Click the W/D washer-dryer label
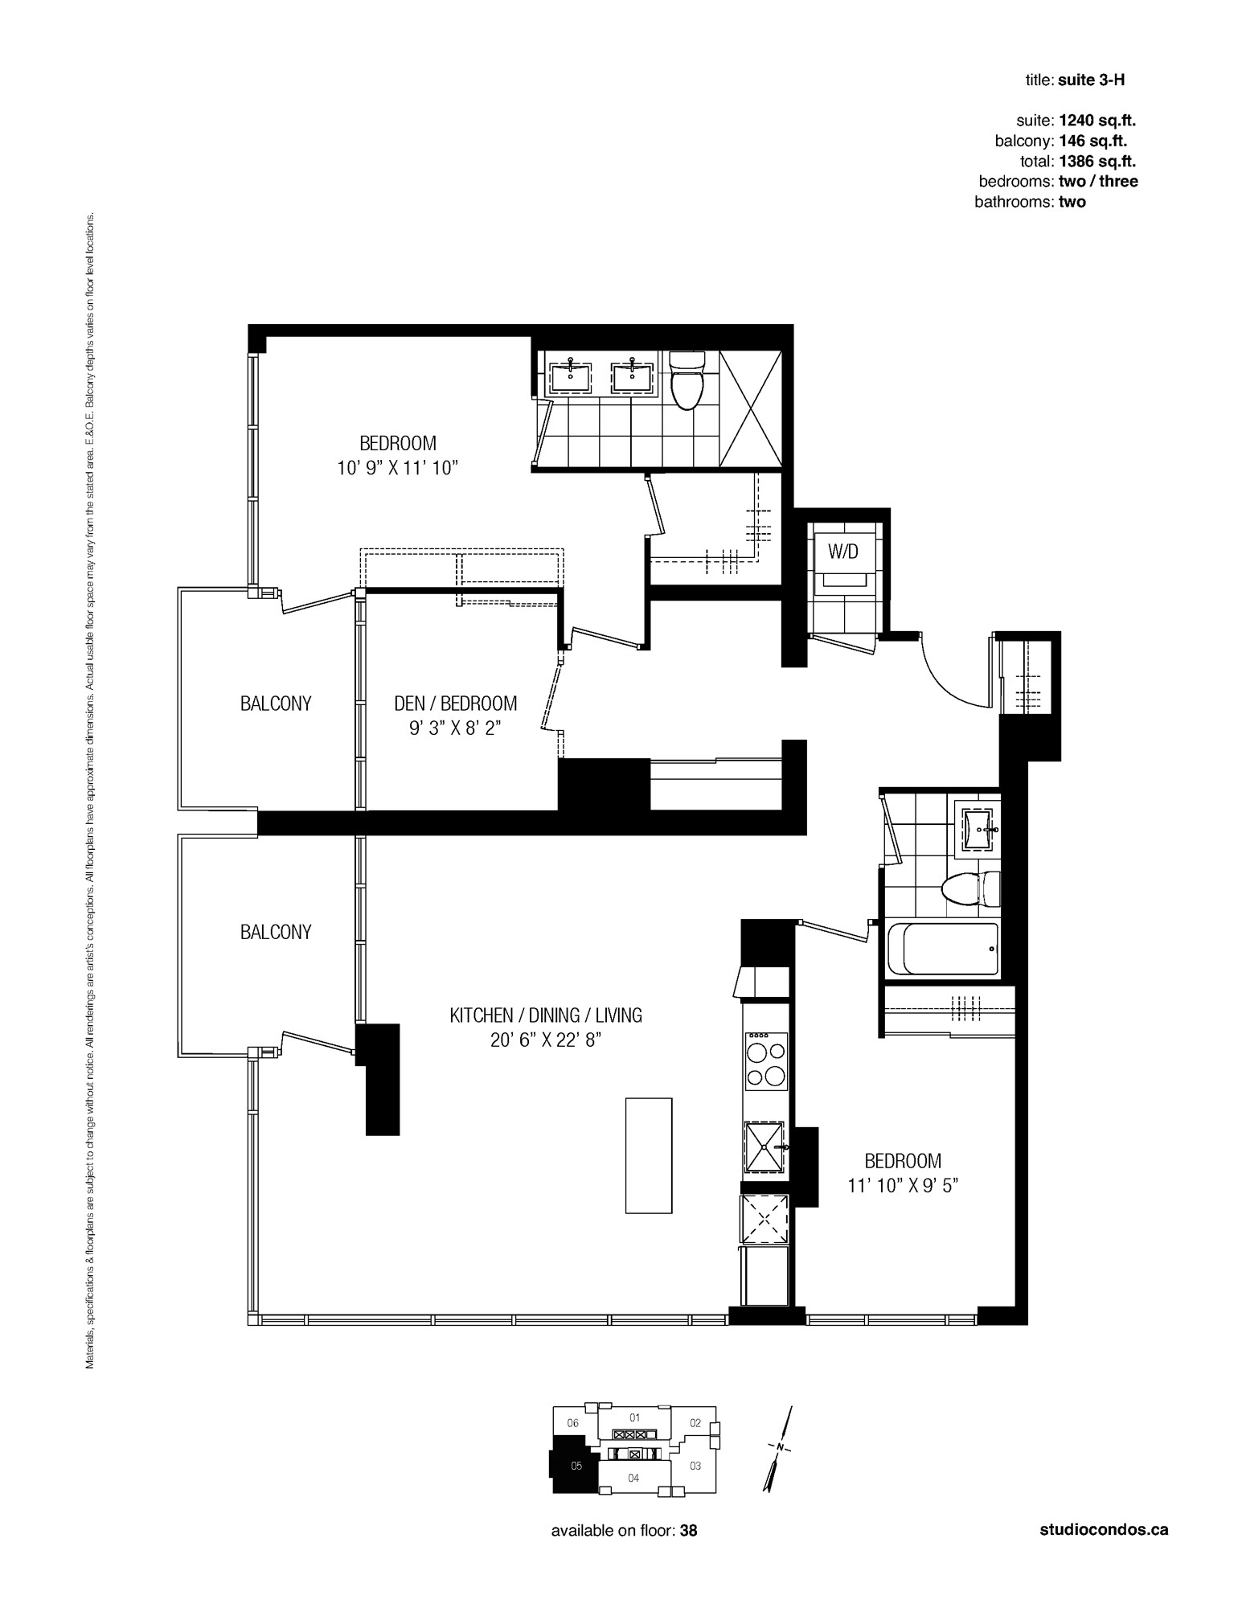click(x=843, y=552)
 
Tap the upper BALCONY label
click(x=276, y=703)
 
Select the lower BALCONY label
click(x=276, y=932)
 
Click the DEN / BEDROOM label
click(x=456, y=703)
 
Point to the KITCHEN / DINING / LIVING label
click(x=546, y=1015)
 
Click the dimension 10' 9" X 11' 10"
click(x=398, y=468)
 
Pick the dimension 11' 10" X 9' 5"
click(x=903, y=1186)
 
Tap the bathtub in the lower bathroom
click(x=943, y=949)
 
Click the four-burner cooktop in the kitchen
click(x=766, y=1060)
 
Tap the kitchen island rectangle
click(x=649, y=1155)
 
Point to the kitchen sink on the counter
click(x=764, y=1148)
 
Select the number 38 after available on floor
click(x=689, y=1531)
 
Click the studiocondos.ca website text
click(x=1104, y=1530)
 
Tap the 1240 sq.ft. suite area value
click(x=1097, y=121)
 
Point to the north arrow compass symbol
click(x=778, y=1448)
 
